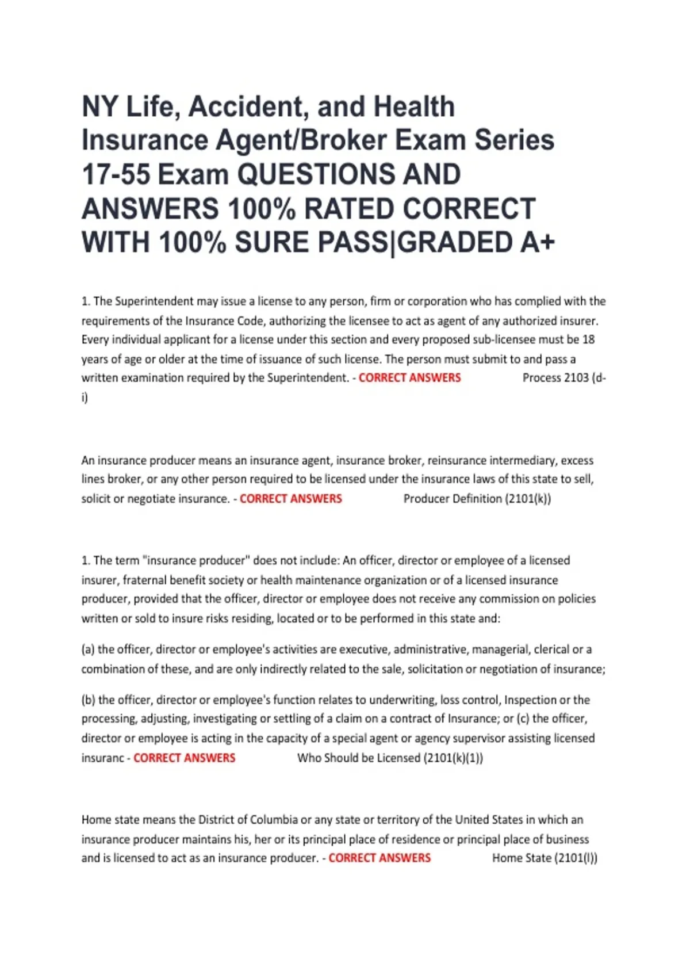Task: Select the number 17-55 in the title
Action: click(x=116, y=175)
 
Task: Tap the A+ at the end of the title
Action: click(x=538, y=242)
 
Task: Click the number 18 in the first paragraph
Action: click(x=588, y=339)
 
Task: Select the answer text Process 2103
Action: click(x=555, y=378)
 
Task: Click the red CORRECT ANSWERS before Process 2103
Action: click(x=409, y=378)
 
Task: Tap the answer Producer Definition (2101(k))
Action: click(x=477, y=499)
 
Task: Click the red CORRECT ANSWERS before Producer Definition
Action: click(x=290, y=499)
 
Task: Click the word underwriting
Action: click(x=402, y=700)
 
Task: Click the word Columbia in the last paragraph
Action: click(x=266, y=820)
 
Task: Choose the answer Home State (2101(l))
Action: click(x=544, y=858)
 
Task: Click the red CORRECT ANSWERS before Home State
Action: click(x=379, y=858)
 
